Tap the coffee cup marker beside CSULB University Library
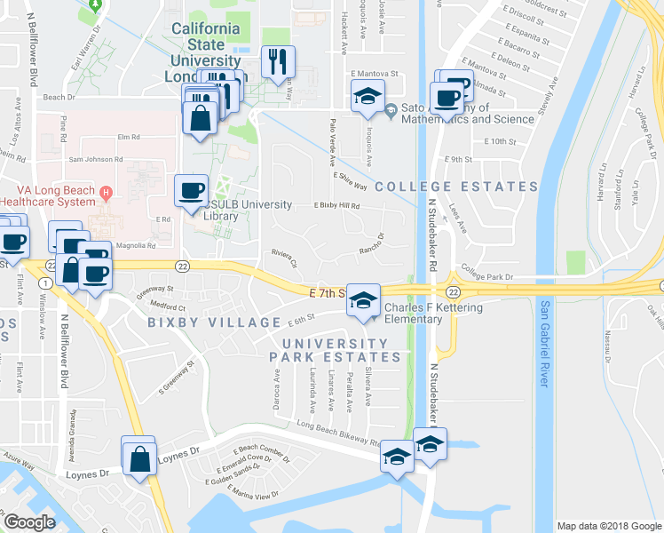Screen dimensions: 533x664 192,190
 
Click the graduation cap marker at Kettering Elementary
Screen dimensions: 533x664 362,300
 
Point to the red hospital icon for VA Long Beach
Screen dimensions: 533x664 107,191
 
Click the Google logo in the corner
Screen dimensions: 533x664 29,521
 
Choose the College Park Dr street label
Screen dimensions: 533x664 487,277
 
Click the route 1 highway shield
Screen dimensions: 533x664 43,282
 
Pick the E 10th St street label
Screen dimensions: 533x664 501,141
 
